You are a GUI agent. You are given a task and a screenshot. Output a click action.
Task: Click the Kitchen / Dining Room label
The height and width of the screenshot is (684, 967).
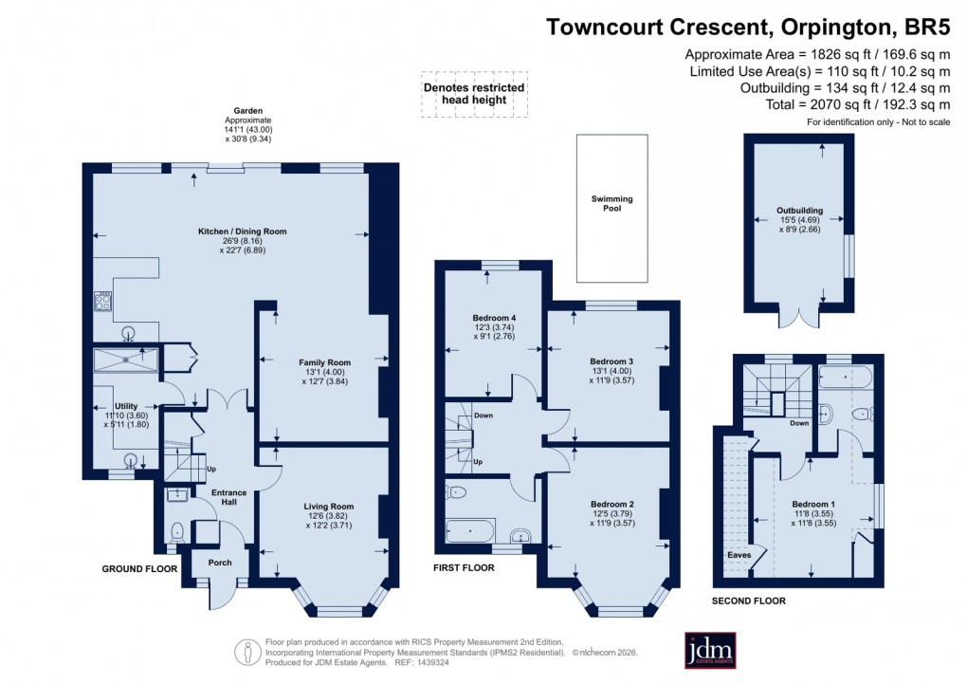pyautogui.click(x=242, y=231)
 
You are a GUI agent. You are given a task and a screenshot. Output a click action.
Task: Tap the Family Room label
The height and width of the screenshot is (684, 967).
pyautogui.click(x=325, y=362)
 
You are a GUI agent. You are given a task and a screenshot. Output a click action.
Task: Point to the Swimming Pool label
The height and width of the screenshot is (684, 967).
pyautogui.click(x=611, y=203)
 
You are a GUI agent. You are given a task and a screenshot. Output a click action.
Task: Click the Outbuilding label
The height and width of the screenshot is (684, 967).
pyautogui.click(x=799, y=211)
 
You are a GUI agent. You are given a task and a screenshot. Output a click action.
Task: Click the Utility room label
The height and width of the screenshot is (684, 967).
pyautogui.click(x=126, y=406)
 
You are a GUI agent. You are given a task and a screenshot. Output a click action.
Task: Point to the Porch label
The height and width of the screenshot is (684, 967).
pyautogui.click(x=220, y=563)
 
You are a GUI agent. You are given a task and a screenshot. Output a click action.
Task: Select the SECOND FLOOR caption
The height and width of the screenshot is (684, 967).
pyautogui.click(x=749, y=601)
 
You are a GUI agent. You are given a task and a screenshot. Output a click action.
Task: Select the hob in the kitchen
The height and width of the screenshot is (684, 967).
pyautogui.click(x=103, y=303)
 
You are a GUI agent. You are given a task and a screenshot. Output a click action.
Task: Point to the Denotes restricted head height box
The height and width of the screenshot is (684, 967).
pyautogui.click(x=474, y=94)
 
